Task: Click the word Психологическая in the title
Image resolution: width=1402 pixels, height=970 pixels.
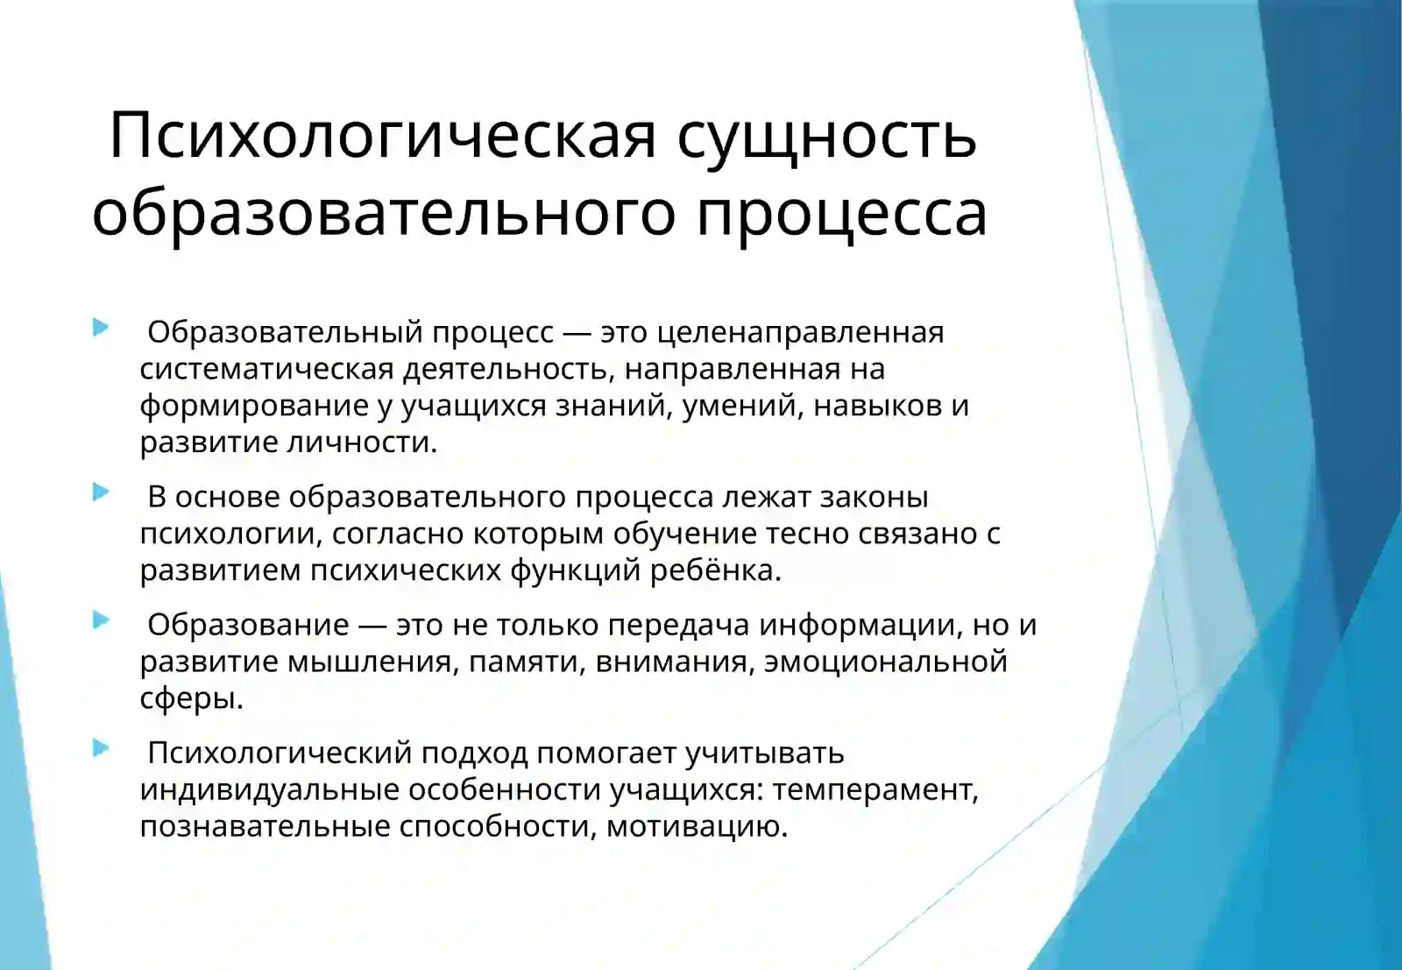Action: point(382,136)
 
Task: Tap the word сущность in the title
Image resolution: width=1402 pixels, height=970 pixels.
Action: point(826,136)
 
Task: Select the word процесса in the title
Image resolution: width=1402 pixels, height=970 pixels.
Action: point(841,213)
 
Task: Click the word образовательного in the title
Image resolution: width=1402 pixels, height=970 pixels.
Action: point(384,213)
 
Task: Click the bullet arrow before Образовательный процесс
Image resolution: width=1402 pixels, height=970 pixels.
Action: point(101,328)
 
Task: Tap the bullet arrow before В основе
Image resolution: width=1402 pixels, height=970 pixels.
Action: point(101,492)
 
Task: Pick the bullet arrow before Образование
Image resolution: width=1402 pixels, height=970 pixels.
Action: point(101,620)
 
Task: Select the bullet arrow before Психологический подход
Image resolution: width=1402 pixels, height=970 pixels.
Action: point(101,748)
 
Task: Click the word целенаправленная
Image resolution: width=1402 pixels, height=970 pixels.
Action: point(800,332)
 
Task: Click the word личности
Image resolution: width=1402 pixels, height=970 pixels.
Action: point(364,442)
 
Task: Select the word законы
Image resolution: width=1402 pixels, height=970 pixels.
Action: point(874,497)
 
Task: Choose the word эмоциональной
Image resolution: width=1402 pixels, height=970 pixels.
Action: point(885,662)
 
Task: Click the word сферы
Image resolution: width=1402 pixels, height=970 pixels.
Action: point(191,698)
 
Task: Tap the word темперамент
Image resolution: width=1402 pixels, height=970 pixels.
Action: point(874,789)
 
